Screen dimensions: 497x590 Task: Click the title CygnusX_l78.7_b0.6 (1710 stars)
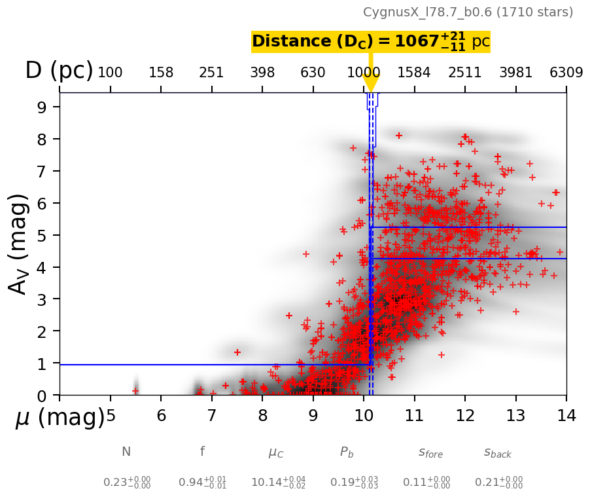tap(468, 12)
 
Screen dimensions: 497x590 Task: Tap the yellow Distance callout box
tap(370, 42)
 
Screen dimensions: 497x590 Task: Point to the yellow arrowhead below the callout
tap(370, 83)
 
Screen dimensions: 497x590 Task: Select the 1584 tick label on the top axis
tap(414, 72)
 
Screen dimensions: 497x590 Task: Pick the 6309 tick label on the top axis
tap(566, 72)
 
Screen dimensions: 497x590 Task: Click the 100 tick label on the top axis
tap(110, 72)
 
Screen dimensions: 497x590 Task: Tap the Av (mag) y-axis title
tap(20, 244)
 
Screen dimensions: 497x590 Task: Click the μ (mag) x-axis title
tap(60, 417)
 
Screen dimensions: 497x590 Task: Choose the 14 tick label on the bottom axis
tap(566, 415)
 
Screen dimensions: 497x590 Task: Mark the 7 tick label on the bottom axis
tap(211, 415)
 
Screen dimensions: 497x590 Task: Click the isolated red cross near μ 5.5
tap(135, 391)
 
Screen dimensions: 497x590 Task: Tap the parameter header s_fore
tap(430, 452)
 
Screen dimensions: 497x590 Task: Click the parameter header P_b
tap(346, 452)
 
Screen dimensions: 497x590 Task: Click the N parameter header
tap(126, 452)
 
